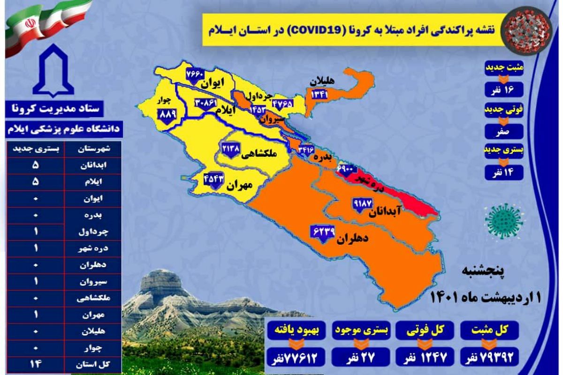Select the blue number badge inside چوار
[x=167, y=114]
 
